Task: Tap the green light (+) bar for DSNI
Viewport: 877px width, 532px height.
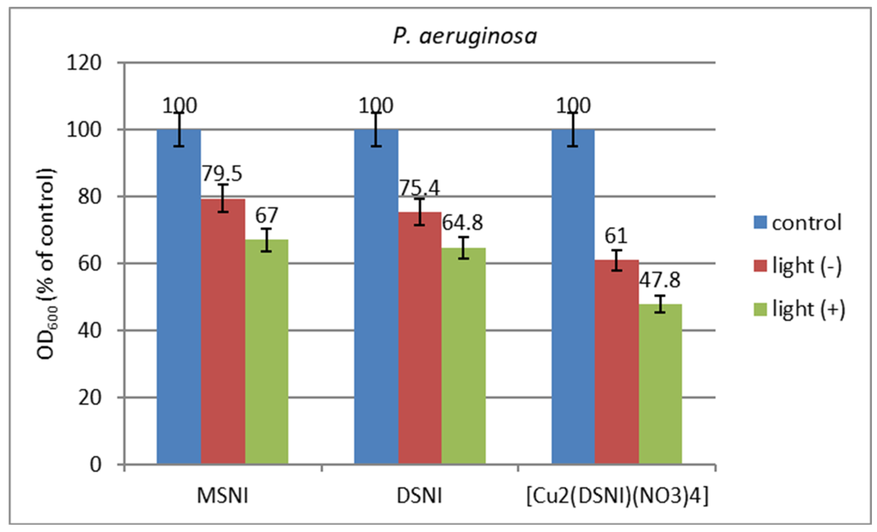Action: [x=463, y=356]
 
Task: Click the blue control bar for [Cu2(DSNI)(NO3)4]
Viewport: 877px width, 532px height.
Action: [x=573, y=295]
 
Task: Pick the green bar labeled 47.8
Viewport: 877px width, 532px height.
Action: [x=660, y=384]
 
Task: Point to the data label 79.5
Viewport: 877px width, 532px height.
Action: [x=222, y=174]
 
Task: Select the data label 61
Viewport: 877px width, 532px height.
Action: [x=616, y=236]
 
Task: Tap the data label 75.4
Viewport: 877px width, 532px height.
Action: [x=419, y=188]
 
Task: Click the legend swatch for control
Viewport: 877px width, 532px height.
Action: [x=760, y=223]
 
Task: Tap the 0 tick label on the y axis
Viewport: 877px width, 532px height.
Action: [x=95, y=464]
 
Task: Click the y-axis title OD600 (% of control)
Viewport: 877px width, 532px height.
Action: [x=47, y=263]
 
